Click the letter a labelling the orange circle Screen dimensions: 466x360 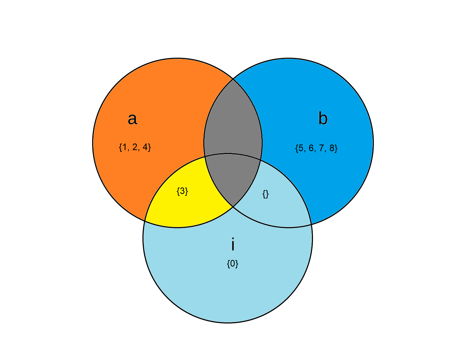point(132,119)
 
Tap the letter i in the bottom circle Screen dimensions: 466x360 point(233,244)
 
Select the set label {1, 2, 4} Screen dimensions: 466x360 point(135,147)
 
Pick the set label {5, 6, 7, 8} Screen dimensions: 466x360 point(316,148)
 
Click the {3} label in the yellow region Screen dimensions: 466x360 point(182,191)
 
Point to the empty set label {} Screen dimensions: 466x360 point(266,194)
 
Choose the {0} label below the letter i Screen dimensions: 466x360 point(233,264)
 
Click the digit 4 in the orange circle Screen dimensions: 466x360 point(145,147)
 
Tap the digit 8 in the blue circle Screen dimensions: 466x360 point(332,148)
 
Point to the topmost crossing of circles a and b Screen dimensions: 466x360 point(233,79)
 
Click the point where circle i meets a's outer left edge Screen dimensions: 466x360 point(145,221)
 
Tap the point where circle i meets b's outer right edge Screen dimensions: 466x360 point(311,224)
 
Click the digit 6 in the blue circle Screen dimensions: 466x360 point(311,148)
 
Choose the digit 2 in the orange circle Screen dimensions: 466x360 point(135,147)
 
